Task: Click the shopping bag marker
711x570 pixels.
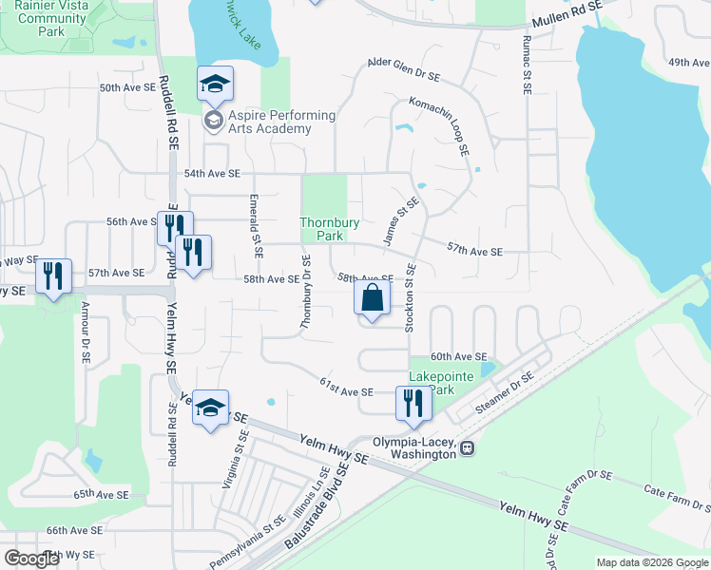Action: [373, 297]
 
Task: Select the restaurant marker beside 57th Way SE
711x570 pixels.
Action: [53, 276]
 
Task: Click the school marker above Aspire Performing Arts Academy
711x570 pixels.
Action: [215, 85]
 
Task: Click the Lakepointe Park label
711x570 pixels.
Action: [440, 383]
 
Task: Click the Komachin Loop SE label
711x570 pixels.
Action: [439, 123]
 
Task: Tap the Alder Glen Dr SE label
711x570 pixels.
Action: [404, 68]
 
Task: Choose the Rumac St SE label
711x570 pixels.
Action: [526, 63]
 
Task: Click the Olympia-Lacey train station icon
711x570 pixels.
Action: [467, 448]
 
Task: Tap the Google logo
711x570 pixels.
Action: [32, 560]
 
